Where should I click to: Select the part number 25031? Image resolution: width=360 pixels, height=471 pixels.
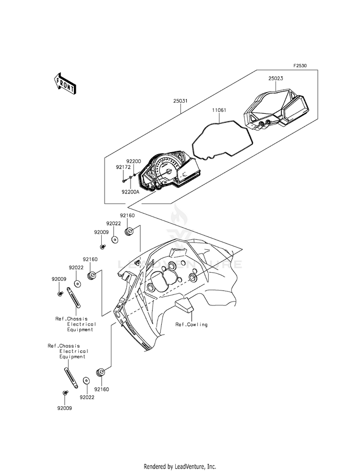(180, 101)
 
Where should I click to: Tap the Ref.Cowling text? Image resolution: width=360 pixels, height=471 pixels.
(191, 325)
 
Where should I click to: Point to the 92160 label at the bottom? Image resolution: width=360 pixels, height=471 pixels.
(101, 390)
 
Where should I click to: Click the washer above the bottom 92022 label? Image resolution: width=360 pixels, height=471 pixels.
(86, 380)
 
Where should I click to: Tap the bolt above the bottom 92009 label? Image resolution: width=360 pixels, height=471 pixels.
(65, 393)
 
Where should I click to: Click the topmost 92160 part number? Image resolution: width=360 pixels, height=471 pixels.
(127, 216)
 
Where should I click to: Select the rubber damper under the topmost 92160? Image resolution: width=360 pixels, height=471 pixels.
(129, 232)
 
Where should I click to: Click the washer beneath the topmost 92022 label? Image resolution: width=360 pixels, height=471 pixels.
(115, 239)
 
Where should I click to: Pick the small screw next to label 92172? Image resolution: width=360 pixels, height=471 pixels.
(124, 181)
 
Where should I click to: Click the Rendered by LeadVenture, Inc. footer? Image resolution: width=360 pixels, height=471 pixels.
(180, 466)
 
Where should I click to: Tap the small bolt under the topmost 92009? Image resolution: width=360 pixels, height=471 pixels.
(102, 246)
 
